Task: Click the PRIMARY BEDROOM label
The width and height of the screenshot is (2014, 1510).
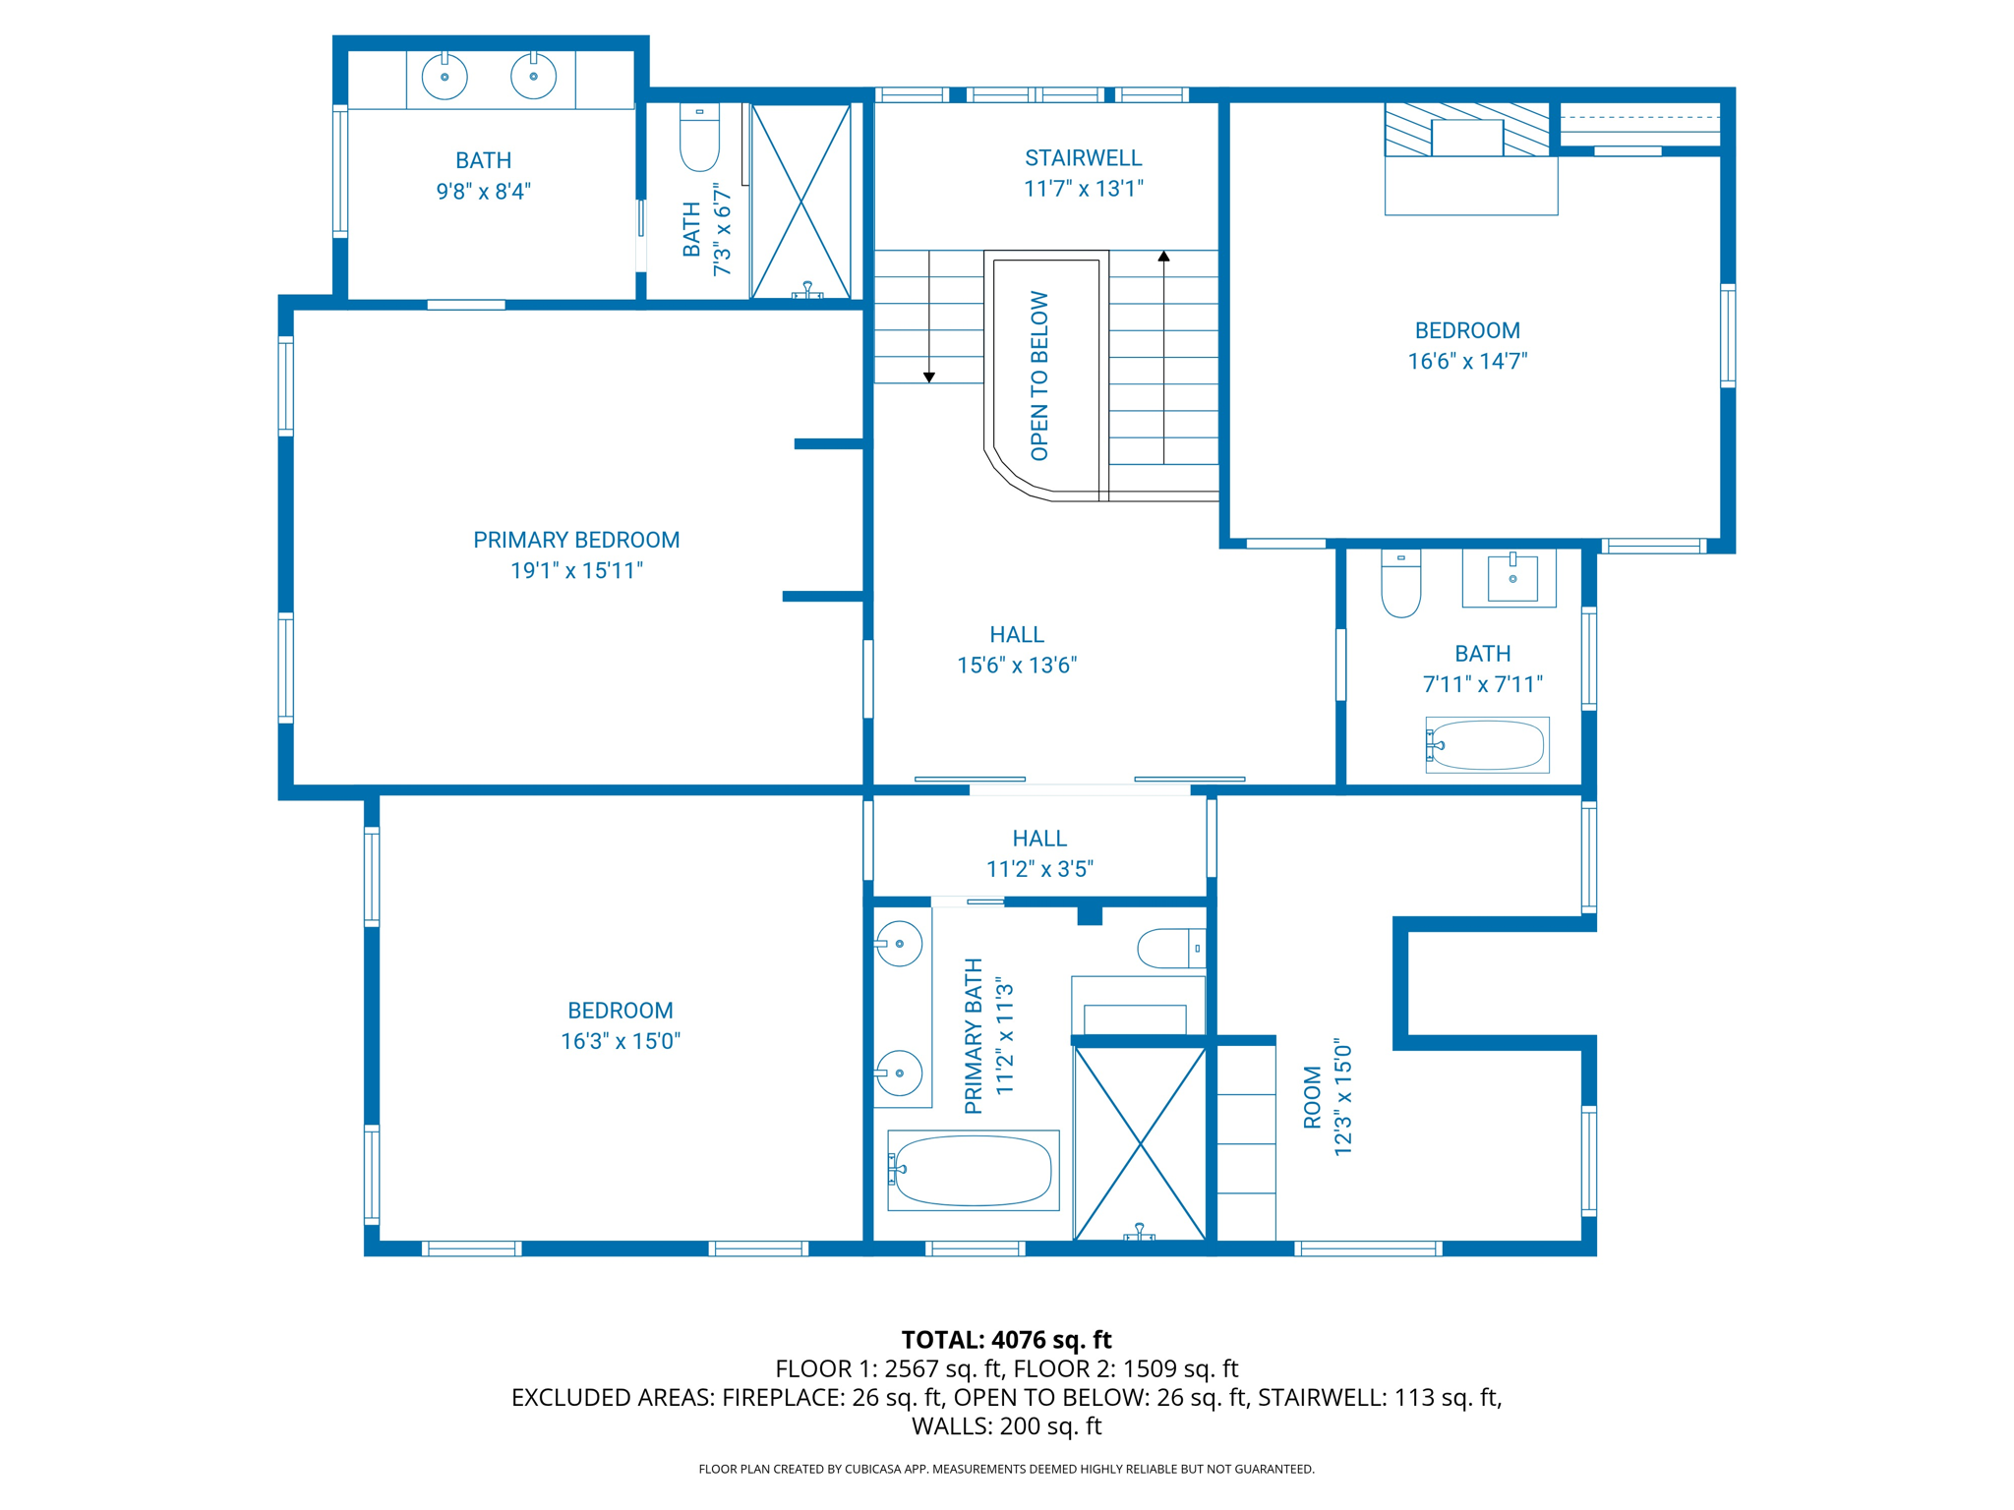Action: [576, 540]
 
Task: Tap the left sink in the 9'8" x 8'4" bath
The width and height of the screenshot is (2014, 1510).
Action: [444, 77]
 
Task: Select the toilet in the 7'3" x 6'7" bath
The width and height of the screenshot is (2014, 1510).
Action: [699, 138]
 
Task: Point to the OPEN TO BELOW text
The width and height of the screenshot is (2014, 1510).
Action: [1039, 376]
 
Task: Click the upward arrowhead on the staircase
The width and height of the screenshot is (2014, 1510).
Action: [1163, 257]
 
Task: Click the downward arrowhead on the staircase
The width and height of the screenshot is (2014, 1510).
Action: [928, 377]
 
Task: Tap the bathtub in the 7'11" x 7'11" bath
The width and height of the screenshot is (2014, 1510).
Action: [1487, 745]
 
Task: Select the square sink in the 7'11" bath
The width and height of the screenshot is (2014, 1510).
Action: [1511, 579]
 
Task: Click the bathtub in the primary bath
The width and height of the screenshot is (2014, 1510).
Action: [973, 1170]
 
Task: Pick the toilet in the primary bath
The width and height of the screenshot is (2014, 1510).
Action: [1170, 949]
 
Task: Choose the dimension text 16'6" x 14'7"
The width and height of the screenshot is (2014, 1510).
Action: [1467, 362]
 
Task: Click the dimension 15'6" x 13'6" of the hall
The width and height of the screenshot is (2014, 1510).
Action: [1017, 666]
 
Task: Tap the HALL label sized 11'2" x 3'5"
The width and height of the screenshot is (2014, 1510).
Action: [1039, 839]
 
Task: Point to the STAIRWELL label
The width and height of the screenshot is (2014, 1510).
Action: [1083, 158]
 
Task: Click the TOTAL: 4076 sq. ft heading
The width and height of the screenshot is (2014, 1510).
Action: [1006, 1340]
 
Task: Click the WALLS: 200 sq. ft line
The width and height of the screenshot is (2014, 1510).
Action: [1006, 1425]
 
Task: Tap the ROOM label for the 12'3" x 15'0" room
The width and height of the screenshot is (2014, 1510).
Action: [1312, 1097]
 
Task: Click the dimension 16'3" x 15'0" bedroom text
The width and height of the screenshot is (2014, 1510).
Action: [621, 1041]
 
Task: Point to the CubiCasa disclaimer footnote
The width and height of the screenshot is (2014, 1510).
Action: [1006, 1469]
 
